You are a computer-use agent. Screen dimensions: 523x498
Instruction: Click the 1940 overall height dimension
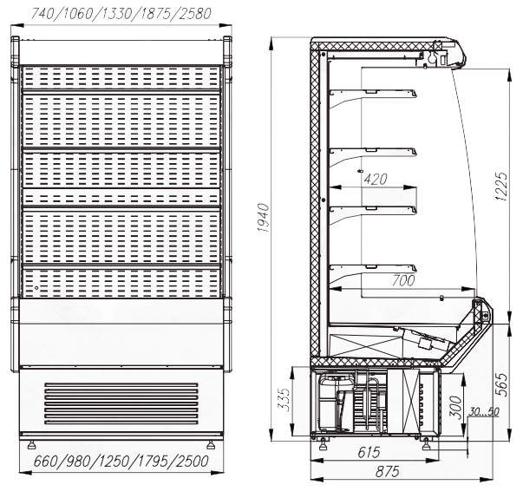coord(264,218)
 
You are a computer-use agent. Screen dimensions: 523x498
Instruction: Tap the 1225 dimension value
coord(501,187)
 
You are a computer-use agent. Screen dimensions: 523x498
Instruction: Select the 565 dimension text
coord(501,384)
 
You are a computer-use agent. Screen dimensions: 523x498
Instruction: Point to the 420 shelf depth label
coord(376,179)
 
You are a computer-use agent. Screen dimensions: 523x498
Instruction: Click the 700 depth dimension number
coord(403,280)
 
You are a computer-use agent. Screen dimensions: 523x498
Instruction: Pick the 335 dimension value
coord(284,399)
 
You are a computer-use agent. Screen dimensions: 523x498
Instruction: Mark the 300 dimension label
coord(455,407)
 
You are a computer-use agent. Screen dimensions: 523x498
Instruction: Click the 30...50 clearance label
coord(484,411)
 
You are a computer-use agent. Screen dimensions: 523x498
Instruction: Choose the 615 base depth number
coord(369,452)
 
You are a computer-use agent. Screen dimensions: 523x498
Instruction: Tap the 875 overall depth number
coord(388,472)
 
